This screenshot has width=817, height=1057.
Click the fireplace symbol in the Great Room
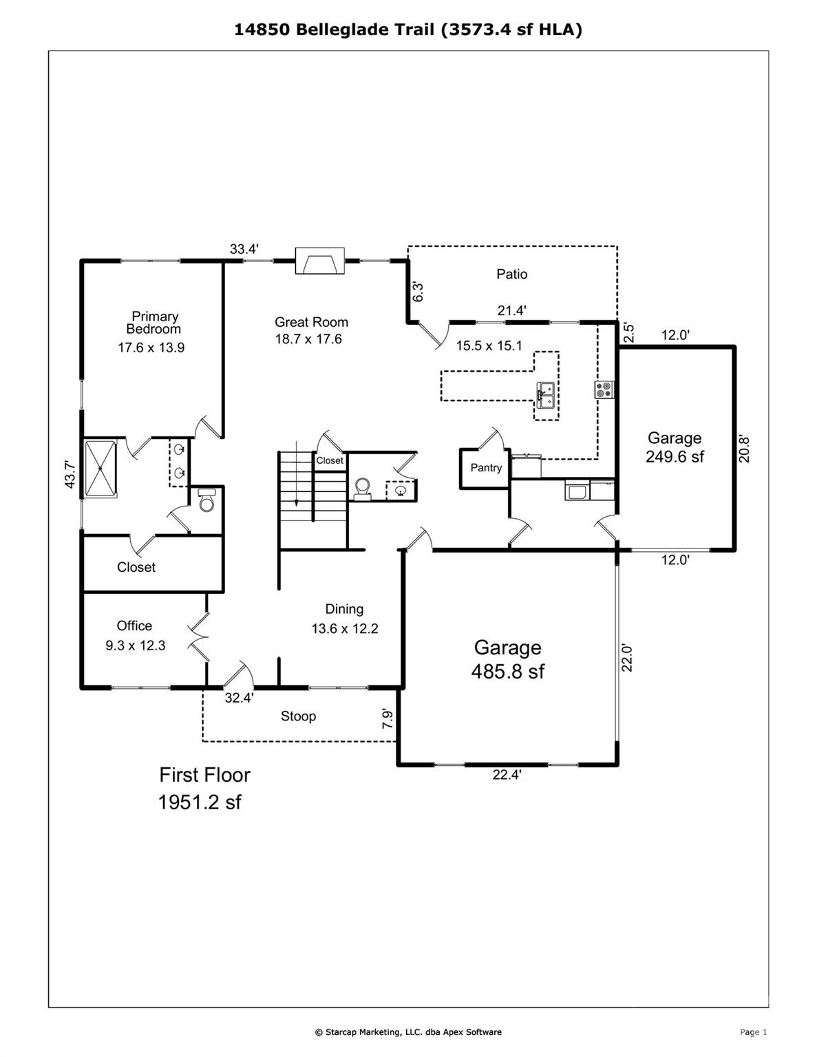point(319,261)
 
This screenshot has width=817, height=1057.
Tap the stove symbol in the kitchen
point(604,390)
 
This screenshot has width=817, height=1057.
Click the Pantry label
point(486,468)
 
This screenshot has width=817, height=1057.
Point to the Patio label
point(512,275)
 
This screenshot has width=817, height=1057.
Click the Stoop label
point(298,716)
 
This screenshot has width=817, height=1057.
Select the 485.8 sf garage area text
point(507,672)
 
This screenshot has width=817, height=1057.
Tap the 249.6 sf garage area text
point(675,457)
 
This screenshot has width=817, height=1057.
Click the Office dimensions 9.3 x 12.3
point(136,645)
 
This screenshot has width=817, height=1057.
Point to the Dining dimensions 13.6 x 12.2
point(345,628)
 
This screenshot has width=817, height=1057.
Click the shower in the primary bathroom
point(100,468)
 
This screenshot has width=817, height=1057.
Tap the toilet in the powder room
point(363,488)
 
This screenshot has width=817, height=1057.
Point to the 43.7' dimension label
point(70,474)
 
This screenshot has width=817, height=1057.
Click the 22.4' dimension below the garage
point(507,775)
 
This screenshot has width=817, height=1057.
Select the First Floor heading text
point(205,775)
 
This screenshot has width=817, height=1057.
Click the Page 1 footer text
point(753,1032)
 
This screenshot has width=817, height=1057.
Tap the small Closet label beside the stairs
point(330,460)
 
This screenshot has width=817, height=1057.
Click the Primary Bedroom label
point(154,322)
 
